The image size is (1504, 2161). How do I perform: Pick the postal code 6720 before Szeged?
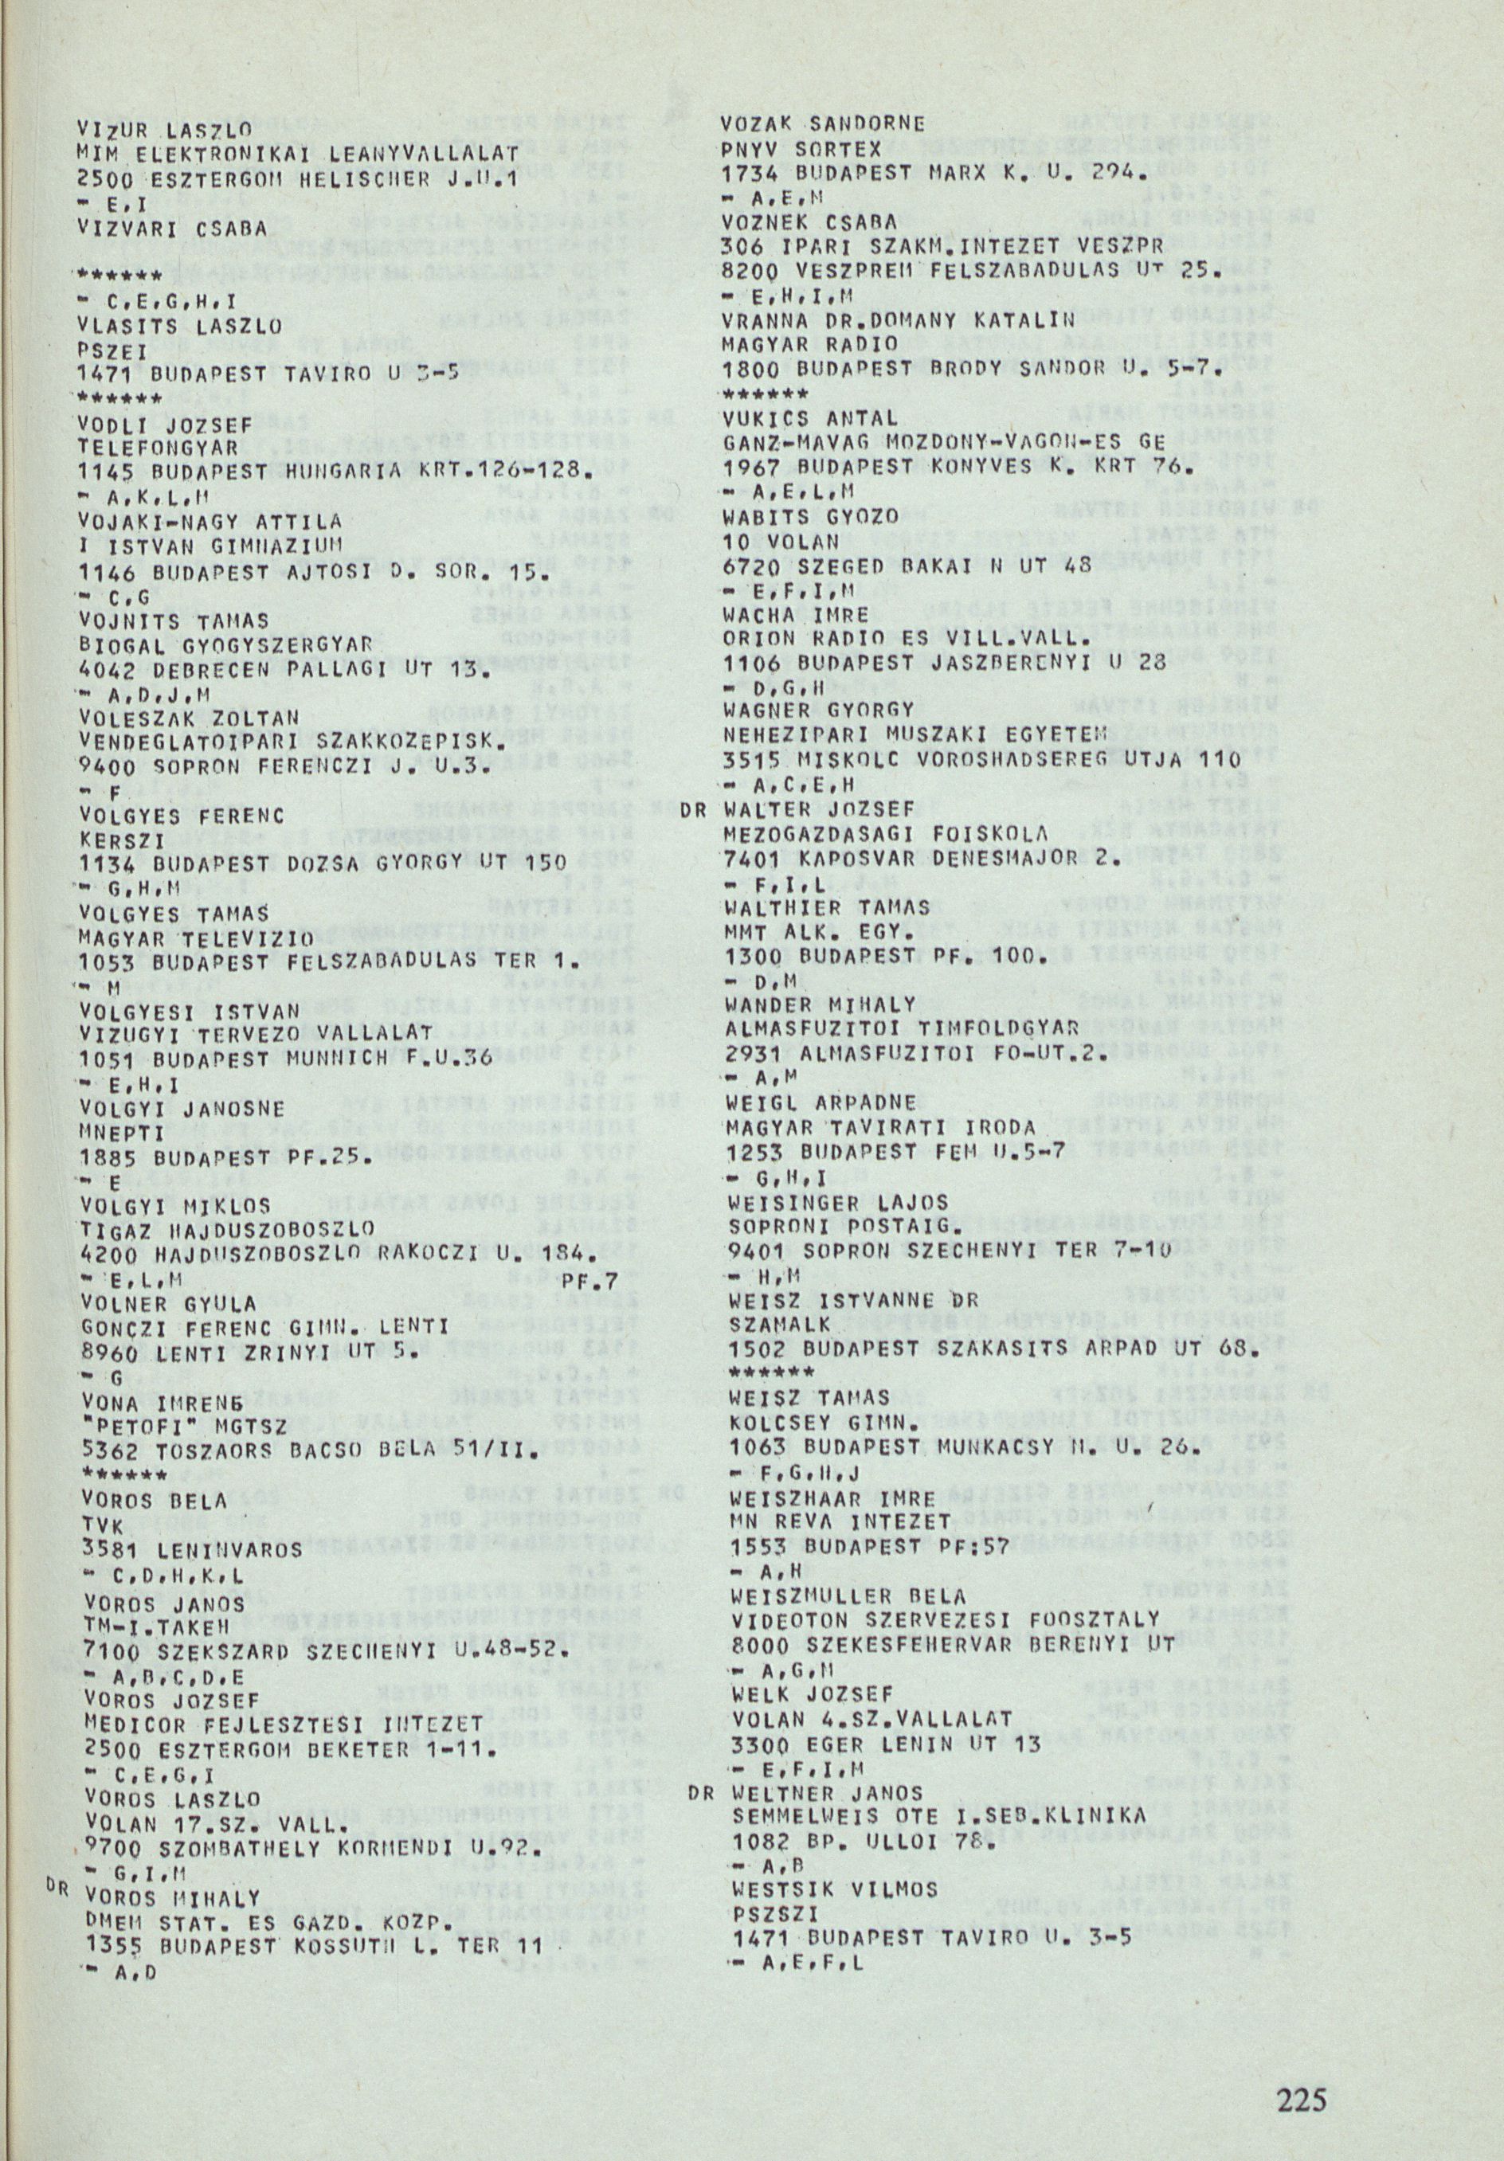coord(752,566)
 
